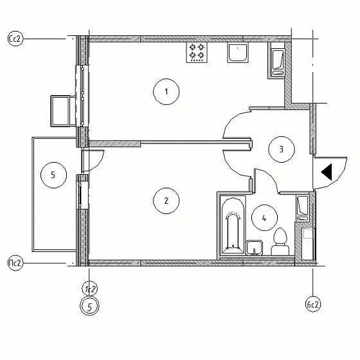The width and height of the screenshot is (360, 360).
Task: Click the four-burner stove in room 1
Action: pos(197,53)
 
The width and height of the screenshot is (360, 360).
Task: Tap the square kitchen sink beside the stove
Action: pos(238,54)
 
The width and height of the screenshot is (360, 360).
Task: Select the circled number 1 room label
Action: pos(166,92)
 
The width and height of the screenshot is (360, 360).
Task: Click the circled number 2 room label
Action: pos(166,200)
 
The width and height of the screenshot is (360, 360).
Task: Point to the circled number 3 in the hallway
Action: pos(281,149)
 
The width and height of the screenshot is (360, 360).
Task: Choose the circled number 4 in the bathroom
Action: pos(264,217)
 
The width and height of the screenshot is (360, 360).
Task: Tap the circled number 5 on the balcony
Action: pos(53,174)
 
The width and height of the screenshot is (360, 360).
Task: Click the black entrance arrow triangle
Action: pos(326,172)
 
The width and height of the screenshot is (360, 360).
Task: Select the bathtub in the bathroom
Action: pos(233,226)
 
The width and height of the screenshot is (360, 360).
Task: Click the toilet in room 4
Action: pos(280,243)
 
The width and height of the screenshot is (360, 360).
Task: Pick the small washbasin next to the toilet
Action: pos(255,248)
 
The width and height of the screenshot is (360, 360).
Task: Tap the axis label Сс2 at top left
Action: pos(15,39)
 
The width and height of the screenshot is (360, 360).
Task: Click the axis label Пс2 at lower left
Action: pos(15,262)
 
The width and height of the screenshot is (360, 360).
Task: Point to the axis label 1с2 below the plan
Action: pos(91,288)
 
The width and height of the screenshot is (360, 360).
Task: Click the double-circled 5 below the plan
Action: pos(91,306)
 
